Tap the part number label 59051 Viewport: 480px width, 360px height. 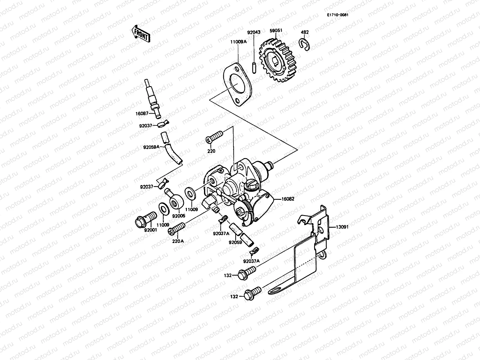(276, 31)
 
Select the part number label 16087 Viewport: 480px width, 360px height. (142, 114)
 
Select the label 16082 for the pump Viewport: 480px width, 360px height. (288, 199)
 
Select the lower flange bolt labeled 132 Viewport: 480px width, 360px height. (252, 293)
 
